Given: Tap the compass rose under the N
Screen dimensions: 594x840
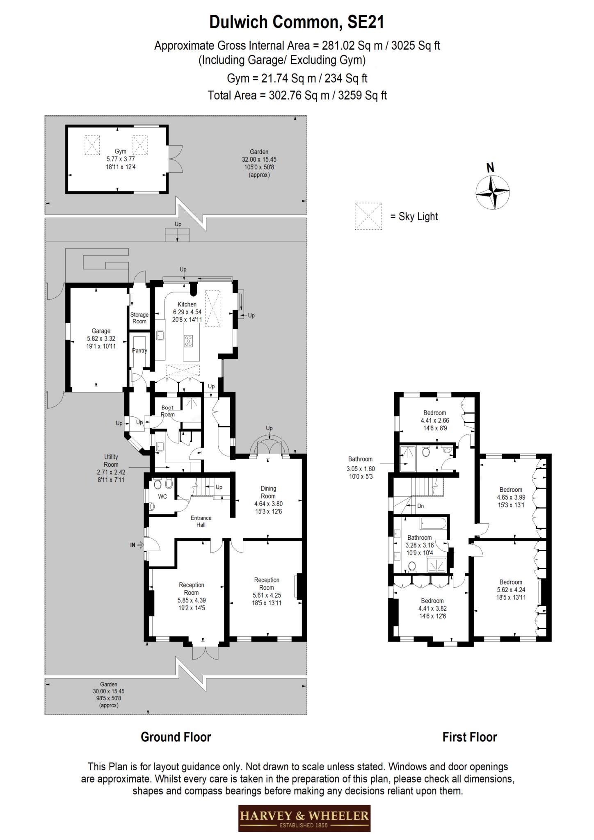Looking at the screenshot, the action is [493, 192].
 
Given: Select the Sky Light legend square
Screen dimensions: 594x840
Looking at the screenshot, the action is [368, 216].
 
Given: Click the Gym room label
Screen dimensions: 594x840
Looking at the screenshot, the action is [121, 152].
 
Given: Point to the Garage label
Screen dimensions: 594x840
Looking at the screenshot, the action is [101, 331].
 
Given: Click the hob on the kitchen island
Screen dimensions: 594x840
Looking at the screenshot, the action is [188, 341].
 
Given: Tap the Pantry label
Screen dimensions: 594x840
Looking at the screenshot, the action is [139, 351].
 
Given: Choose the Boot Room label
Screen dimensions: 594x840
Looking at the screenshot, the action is [167, 411].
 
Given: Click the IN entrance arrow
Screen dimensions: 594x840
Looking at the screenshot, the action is [140, 545].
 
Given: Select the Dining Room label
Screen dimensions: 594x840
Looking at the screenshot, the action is [268, 492].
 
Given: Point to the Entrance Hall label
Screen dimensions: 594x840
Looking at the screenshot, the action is [201, 521].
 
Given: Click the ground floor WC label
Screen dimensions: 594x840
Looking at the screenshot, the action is [162, 497].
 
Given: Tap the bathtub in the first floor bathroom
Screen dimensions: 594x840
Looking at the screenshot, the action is [432, 524].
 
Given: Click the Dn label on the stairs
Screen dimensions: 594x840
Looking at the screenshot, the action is [420, 506].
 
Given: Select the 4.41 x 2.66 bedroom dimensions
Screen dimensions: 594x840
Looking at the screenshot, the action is [435, 420].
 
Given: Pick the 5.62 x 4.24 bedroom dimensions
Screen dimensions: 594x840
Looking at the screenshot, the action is [511, 590].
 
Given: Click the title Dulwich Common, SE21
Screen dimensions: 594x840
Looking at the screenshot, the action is [297, 22].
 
